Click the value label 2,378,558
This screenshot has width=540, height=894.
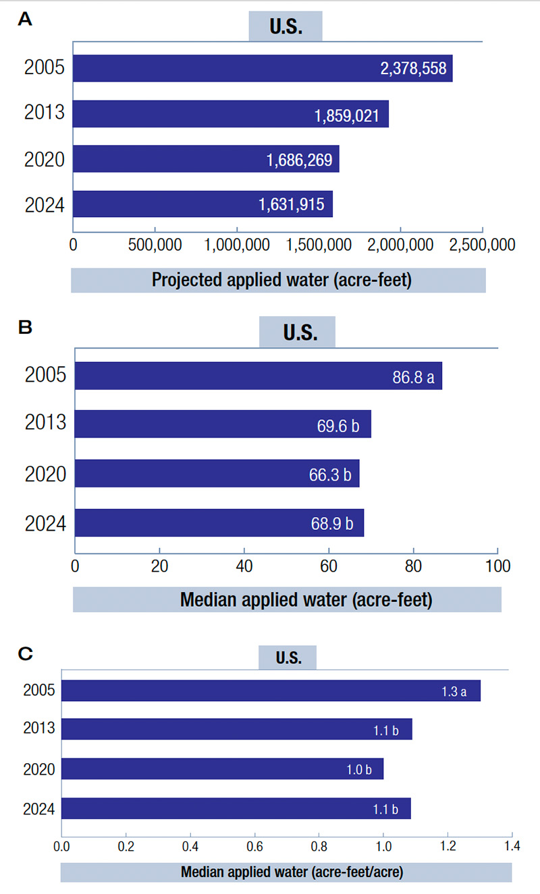(x=412, y=69)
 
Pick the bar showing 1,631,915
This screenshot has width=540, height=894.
(x=202, y=204)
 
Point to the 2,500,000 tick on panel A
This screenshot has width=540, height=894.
(x=482, y=244)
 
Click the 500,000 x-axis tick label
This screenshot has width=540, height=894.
(x=155, y=244)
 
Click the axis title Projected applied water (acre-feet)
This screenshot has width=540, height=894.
(x=278, y=280)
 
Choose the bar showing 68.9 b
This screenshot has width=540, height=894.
(x=219, y=523)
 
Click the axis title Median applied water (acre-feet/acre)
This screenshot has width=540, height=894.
(x=292, y=872)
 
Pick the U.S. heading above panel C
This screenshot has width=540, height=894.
(x=288, y=657)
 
